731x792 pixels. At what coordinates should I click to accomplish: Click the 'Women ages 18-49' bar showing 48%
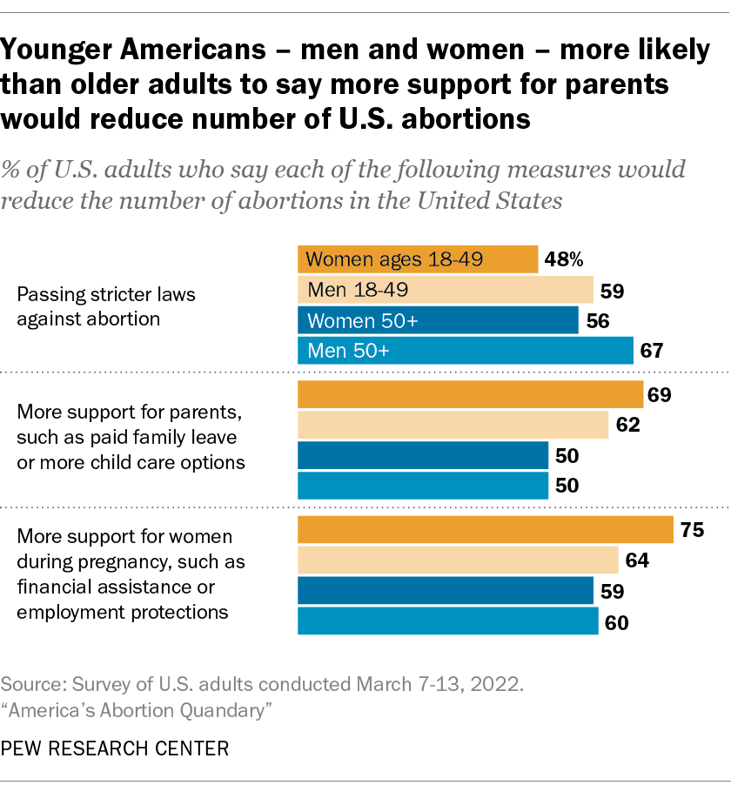418,258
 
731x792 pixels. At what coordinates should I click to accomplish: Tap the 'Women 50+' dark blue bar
438,319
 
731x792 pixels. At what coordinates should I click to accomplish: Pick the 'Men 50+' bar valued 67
466,351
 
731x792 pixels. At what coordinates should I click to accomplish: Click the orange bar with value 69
470,394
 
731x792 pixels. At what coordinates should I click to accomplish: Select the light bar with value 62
453,425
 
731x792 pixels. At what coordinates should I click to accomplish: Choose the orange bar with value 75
486,530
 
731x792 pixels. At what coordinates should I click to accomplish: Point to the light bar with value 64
458,560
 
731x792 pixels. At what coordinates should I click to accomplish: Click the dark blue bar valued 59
446,591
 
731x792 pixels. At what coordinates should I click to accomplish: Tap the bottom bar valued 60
448,621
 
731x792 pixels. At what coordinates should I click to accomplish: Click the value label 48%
564,258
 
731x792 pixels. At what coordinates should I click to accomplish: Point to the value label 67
653,351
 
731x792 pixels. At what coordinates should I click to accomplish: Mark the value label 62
627,425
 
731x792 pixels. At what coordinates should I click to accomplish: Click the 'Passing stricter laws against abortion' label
106,306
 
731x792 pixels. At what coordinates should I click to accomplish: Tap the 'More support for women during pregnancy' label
131,574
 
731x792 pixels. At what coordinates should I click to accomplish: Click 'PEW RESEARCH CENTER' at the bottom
116,748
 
